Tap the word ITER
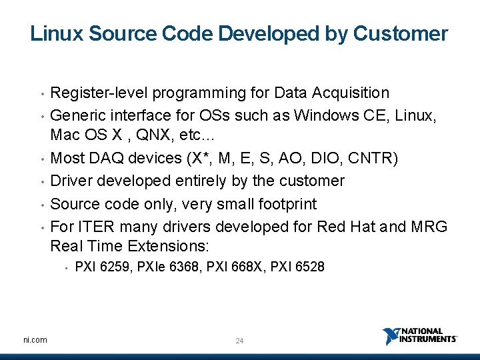(x=93, y=227)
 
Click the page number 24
(x=240, y=341)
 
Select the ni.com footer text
(x=35, y=340)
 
